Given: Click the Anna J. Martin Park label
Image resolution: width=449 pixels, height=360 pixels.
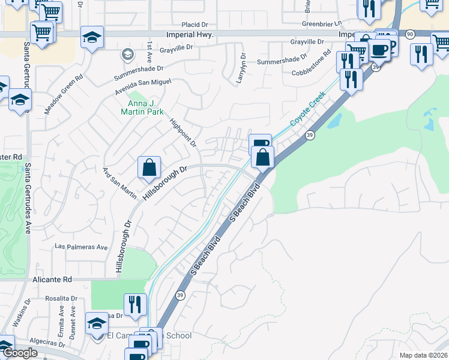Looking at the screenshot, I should (x=142, y=107).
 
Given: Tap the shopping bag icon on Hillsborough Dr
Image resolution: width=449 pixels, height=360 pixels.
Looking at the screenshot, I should (x=149, y=168).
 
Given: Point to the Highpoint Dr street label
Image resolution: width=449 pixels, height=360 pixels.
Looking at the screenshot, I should (x=183, y=131).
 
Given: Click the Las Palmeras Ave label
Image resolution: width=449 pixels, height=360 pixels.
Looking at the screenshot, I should (x=81, y=247).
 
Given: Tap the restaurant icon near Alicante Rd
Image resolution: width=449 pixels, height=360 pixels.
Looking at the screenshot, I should (x=135, y=304).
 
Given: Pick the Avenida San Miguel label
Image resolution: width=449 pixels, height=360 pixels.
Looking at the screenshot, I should (x=139, y=87).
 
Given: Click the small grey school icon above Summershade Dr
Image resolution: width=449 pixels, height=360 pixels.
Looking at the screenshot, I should (x=127, y=55).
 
